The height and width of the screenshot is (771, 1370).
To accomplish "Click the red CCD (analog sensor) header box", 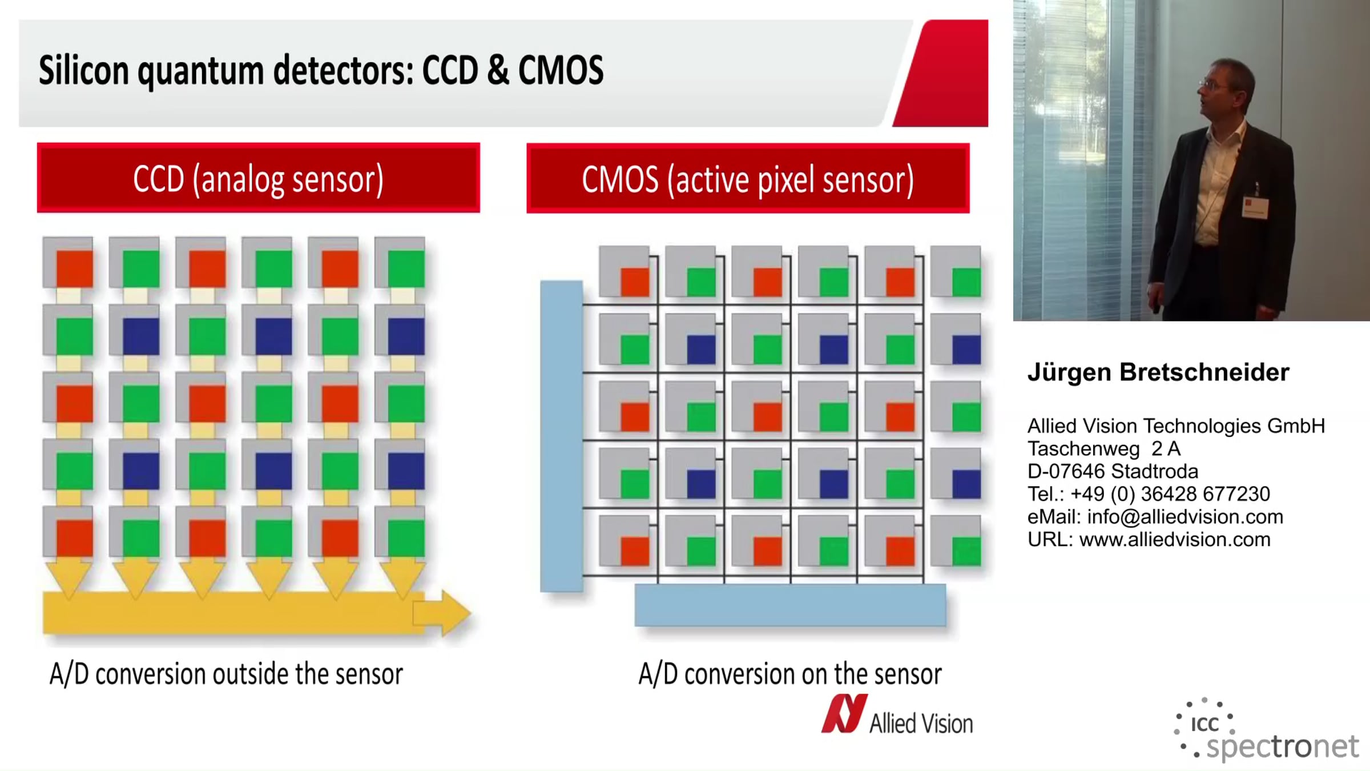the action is point(259,178).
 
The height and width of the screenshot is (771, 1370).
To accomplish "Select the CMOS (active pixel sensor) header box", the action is point(748,178).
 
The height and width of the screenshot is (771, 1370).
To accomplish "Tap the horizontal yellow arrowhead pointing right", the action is point(442,613).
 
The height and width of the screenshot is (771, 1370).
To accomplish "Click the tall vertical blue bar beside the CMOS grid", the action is point(562,436).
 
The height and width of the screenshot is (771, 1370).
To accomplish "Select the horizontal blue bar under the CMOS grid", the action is point(790,605).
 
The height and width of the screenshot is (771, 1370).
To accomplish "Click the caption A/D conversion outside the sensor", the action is point(226,674).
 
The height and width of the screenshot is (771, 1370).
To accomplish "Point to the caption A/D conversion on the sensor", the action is point(790,674).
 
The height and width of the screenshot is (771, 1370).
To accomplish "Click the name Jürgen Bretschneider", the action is point(1158,372).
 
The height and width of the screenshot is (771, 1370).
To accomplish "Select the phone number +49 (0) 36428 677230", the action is point(1170,494).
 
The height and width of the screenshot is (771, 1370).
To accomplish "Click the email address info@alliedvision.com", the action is point(1185,517).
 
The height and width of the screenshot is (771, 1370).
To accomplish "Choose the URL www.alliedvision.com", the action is point(1175,540).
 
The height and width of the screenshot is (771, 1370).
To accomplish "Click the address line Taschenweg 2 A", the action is point(1104,449).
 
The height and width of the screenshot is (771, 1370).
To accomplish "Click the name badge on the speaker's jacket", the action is point(1255,207).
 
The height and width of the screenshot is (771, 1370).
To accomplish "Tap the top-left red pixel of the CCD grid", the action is point(74,268).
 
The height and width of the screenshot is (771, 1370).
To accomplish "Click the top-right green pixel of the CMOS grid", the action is point(966,282).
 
